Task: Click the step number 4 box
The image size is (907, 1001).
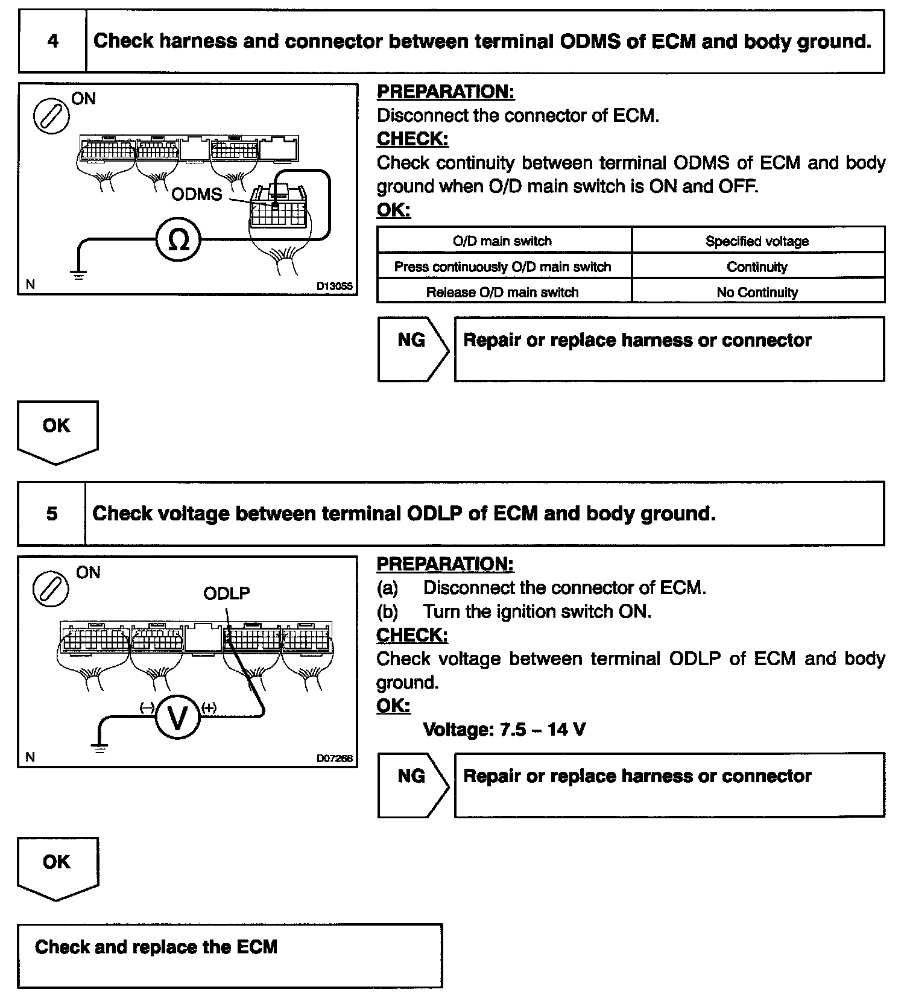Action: coord(52,41)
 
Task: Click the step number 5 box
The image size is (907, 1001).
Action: coord(52,513)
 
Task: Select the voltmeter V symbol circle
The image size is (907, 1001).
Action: coord(178,717)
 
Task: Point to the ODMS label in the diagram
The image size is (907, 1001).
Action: coord(197,194)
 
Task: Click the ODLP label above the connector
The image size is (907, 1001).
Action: coord(226,593)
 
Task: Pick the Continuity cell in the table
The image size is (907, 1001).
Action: coord(757,267)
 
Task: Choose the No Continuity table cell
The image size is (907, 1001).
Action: coord(757,292)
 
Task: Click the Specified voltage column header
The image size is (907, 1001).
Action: coord(757,241)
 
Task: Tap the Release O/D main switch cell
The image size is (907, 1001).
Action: coord(502,292)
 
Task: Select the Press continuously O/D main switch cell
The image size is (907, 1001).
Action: coord(502,267)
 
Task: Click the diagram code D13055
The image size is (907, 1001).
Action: coord(334,286)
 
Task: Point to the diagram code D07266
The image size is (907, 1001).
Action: coord(334,759)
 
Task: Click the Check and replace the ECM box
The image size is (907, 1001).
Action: coord(229,955)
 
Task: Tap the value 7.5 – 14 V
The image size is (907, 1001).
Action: coord(543,730)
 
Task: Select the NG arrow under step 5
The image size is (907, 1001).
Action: coord(412,785)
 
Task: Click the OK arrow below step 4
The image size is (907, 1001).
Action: coord(57,432)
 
